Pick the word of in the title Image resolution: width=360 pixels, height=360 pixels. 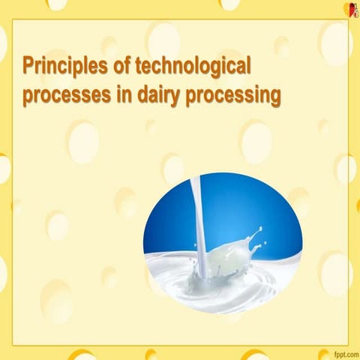(x=119, y=67)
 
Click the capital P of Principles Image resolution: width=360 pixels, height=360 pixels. (x=29, y=67)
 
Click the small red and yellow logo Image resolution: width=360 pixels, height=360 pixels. (x=347, y=9)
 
